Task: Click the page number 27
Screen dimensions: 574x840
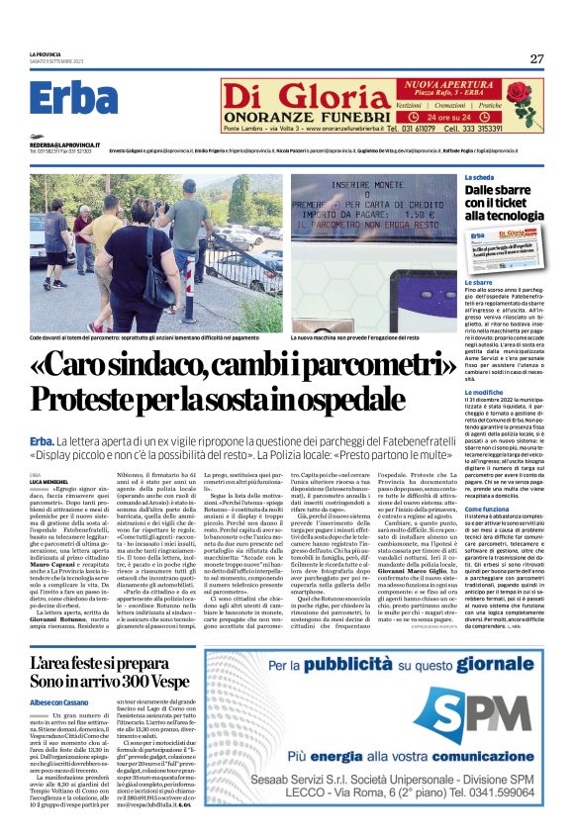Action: click(536, 58)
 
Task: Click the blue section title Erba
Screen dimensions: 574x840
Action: click(73, 99)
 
